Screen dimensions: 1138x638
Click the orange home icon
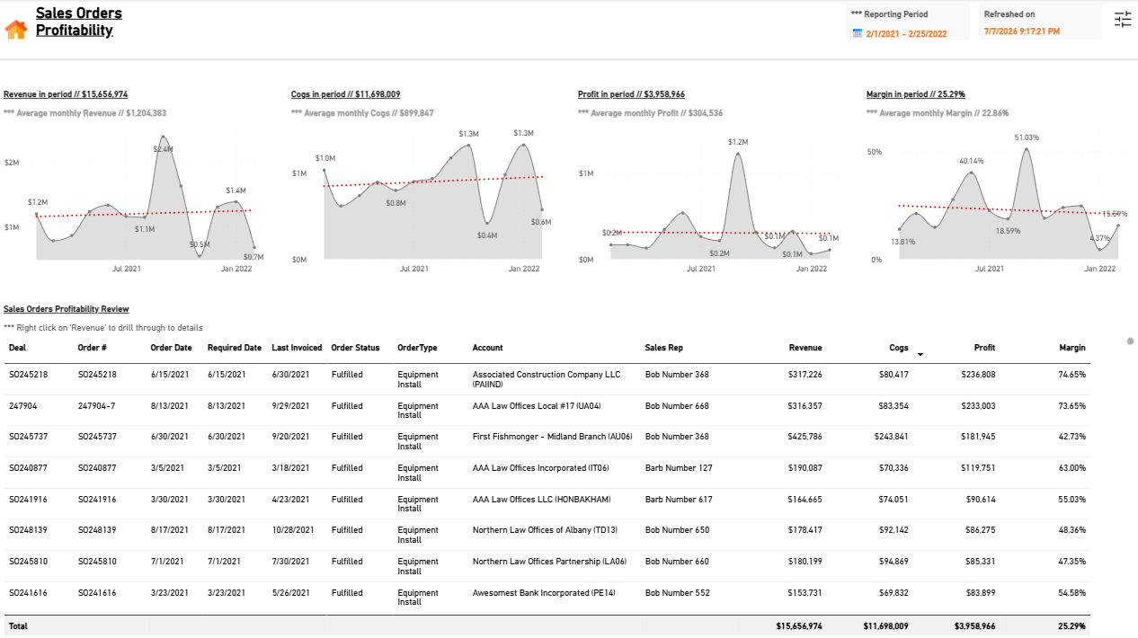[16, 30]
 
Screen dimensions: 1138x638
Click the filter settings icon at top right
[1122, 20]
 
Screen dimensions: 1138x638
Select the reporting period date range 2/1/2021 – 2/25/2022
[906, 34]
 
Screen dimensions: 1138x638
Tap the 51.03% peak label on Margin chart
[1027, 137]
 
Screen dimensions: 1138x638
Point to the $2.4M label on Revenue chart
[163, 149]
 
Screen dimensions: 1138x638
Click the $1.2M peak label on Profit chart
[738, 142]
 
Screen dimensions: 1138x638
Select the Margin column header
[1072, 348]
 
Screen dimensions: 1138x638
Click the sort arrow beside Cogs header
[920, 354]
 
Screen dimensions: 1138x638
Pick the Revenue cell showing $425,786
[805, 437]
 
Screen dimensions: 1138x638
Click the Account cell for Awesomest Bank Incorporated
[544, 593]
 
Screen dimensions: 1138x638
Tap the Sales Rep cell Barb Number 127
[679, 468]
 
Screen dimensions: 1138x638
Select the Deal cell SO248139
[28, 530]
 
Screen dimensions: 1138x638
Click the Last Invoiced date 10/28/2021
[293, 530]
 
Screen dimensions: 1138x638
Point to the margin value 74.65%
[1072, 375]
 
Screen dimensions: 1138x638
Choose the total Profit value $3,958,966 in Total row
[974, 626]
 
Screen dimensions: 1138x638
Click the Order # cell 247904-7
[96, 406]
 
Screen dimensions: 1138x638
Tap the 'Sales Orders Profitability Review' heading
[66, 309]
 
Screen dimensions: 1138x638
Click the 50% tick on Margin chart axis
[875, 152]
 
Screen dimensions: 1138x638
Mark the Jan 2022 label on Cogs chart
[524, 269]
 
